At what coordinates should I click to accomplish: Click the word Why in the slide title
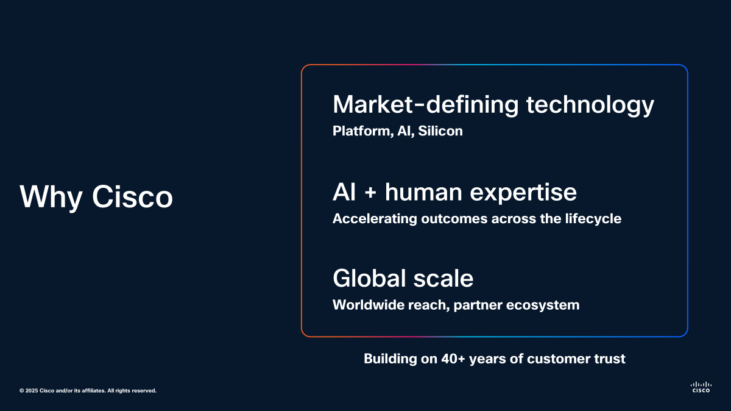[51, 197]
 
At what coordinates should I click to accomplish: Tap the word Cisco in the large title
[132, 197]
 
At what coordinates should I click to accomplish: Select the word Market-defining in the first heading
[426, 104]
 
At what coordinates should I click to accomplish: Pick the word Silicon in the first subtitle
[440, 131]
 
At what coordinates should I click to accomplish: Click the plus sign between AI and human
[370, 193]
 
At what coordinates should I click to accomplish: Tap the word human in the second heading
[423, 192]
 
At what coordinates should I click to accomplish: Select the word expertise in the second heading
[523, 193]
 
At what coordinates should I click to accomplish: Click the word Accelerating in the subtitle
[375, 219]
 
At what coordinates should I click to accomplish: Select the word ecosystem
[543, 306]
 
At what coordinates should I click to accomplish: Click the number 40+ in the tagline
[453, 359]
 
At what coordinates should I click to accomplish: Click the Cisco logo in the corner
[701, 387]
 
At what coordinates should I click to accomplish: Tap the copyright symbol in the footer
[21, 391]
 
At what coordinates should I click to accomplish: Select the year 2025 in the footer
[32, 391]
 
